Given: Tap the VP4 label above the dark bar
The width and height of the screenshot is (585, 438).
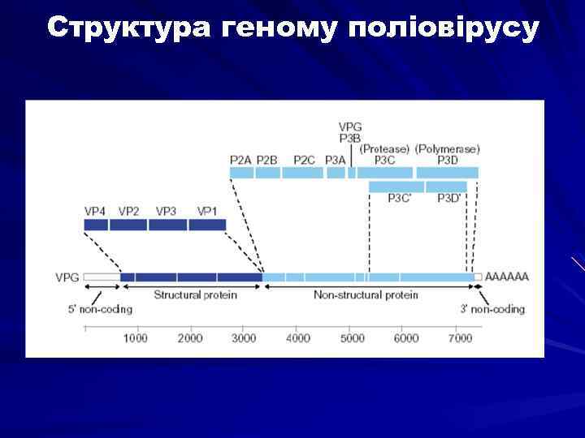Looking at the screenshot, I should tap(96, 211).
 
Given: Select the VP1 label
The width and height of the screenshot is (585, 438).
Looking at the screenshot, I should tap(207, 211).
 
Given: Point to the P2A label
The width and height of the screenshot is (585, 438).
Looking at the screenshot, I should tap(241, 160).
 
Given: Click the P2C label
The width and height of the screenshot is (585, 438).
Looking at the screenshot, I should tap(304, 160).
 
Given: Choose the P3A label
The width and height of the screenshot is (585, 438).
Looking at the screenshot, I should tap(335, 160).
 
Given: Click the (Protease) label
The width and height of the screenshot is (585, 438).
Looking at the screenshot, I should tap(384, 149).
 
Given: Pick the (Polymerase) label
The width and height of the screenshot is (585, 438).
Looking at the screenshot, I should tap(447, 149).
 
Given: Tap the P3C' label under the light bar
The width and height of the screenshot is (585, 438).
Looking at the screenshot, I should tap(400, 198).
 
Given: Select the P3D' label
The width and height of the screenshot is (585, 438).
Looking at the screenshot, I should tap(449, 198).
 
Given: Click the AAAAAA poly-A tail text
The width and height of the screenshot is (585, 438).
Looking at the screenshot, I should tap(506, 277).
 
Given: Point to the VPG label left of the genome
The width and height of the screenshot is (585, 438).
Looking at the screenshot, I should tap(67, 277).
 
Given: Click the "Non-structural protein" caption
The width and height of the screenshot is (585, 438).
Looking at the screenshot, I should tap(366, 295).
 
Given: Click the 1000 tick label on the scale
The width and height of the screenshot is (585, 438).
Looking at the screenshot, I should tap(136, 338).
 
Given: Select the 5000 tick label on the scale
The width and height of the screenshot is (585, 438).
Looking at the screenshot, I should tap(352, 338).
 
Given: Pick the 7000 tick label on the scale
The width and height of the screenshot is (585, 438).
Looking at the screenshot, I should tap(459, 338).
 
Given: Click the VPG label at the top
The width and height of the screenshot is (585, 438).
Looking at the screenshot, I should tap(350, 127).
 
